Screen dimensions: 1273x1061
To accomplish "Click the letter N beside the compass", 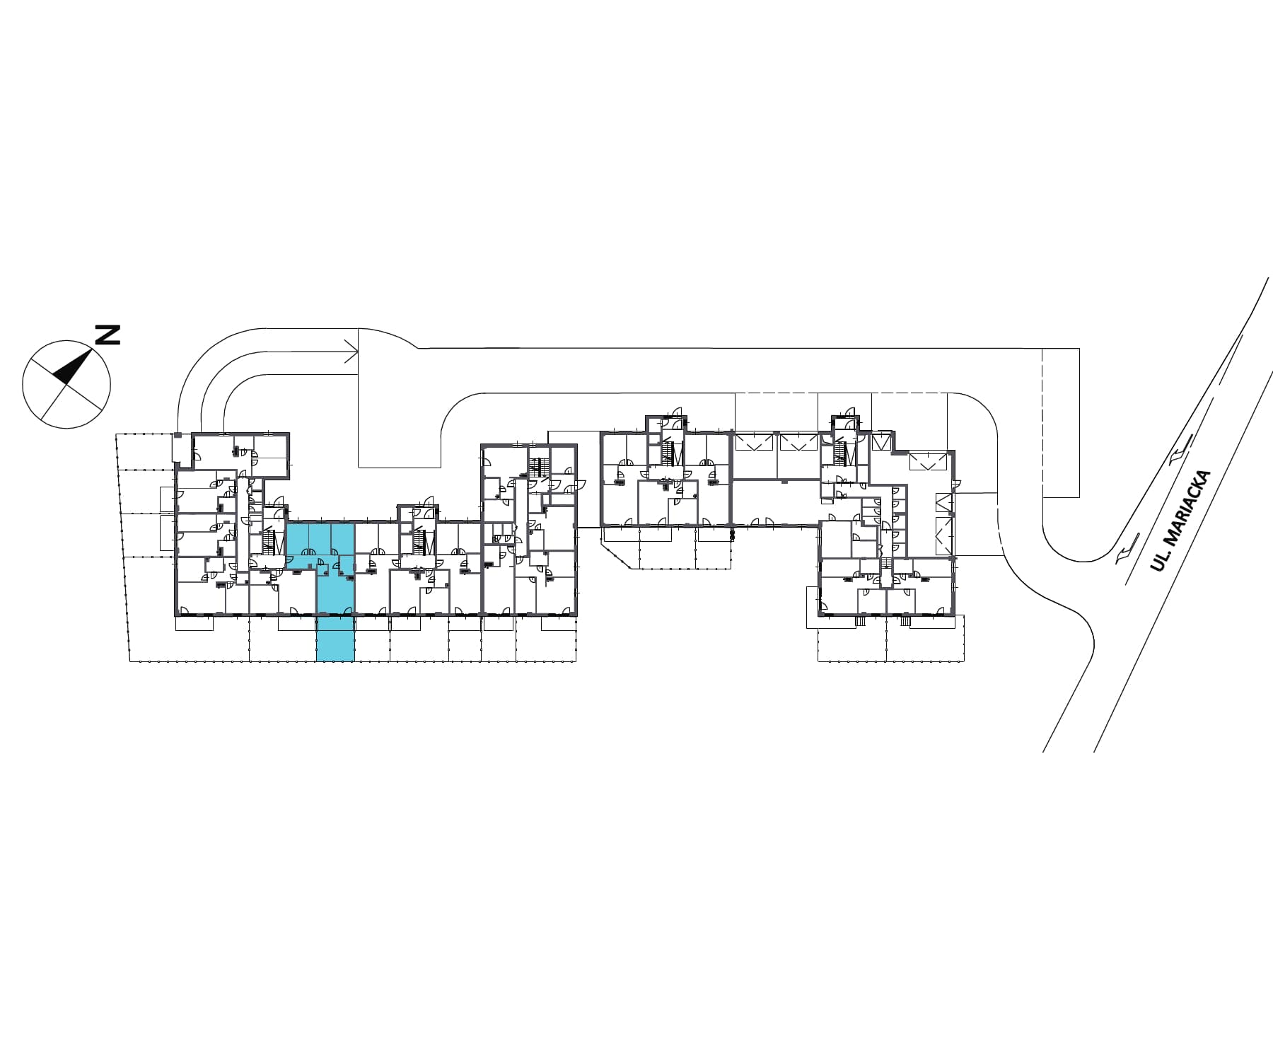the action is pos(107,334).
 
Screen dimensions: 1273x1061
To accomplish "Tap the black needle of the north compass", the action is pos(72,367).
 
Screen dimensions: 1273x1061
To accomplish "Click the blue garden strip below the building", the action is pos(335,639).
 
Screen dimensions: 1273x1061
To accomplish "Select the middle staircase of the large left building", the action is pos(424,542).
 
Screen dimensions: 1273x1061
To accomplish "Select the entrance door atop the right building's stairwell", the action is pos(848,417).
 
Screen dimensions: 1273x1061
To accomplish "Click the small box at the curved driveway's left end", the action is pos(178,447).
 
